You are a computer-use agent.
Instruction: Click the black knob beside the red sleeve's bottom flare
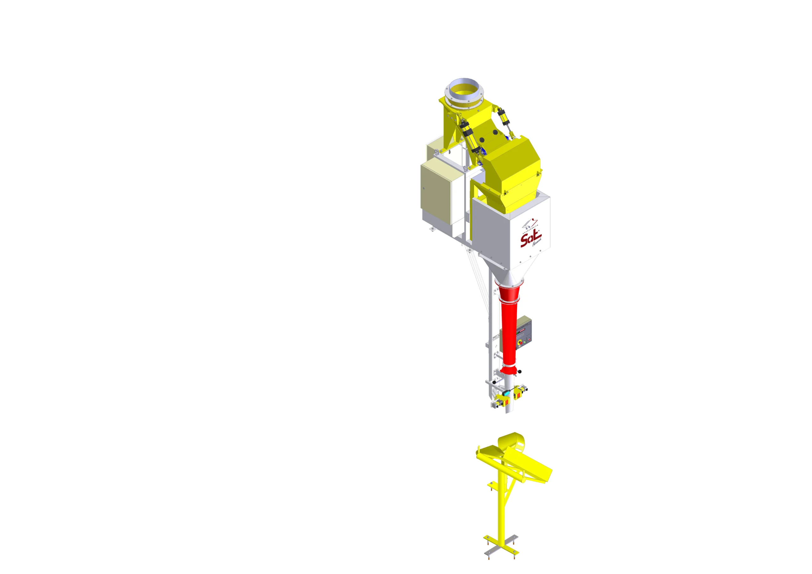tap(520, 372)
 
